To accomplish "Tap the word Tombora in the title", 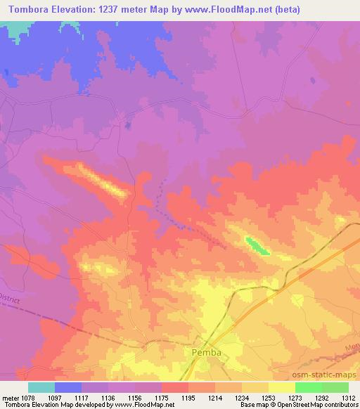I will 30,9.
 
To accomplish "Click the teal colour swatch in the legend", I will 41,387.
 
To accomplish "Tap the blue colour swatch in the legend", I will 68,387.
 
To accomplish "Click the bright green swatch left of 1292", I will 308,387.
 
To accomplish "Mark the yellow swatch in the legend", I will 281,387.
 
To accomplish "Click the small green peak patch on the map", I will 256,246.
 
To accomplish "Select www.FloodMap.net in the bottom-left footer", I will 151,405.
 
